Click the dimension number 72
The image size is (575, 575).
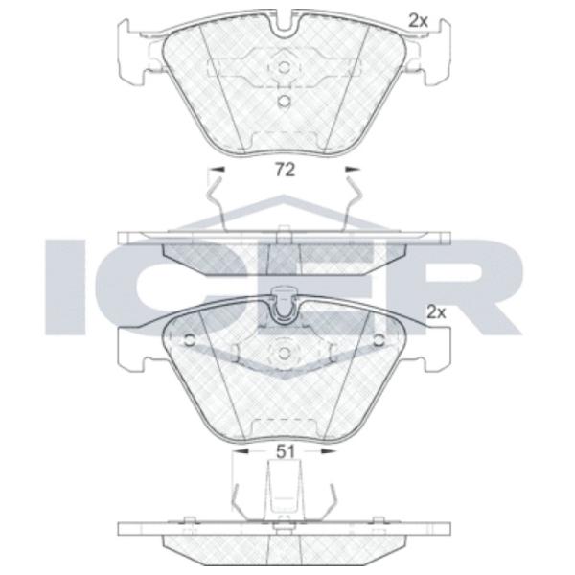(285, 171)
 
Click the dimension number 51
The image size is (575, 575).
(285, 452)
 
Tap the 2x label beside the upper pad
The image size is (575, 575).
(419, 22)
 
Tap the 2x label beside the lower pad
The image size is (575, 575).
(437, 312)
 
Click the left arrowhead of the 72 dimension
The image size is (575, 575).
(217, 169)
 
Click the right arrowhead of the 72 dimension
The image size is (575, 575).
(354, 169)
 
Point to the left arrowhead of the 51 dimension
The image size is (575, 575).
(241, 451)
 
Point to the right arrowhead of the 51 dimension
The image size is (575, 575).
(329, 451)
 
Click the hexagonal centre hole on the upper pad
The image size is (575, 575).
(283, 67)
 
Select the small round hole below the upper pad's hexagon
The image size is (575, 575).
(284, 101)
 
